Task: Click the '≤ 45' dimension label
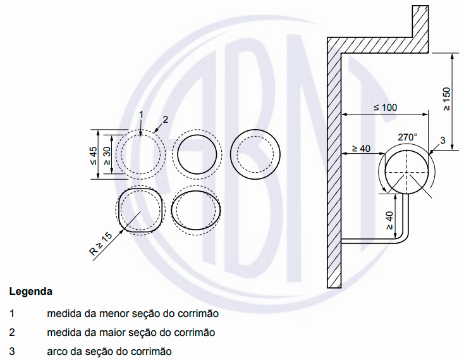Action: (x=94, y=155)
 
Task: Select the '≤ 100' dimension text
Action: (x=385, y=108)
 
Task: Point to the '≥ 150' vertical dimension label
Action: (x=446, y=99)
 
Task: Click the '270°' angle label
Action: (x=407, y=137)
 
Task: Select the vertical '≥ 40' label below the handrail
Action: (x=389, y=220)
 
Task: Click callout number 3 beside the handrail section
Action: (x=443, y=140)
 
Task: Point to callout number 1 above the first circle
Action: (x=142, y=115)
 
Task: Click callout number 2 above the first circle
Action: (x=165, y=119)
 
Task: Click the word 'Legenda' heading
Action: (x=30, y=292)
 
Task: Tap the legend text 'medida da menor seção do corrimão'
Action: (x=132, y=313)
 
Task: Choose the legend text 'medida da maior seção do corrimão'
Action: (x=131, y=332)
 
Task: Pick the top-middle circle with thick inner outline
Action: (x=198, y=155)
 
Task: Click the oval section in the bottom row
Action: (x=197, y=211)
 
